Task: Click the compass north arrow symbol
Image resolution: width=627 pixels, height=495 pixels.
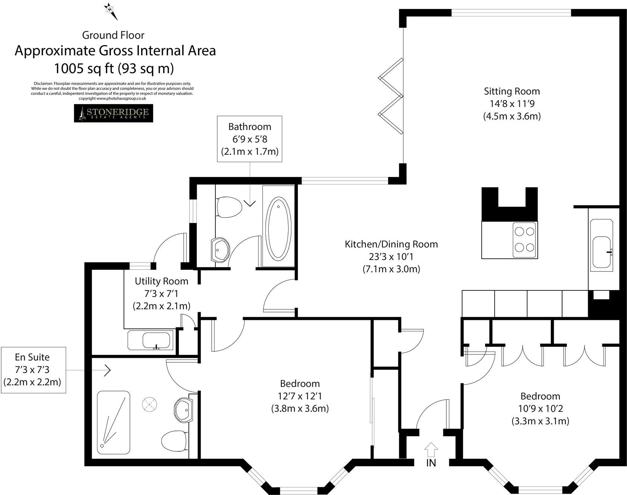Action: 111,11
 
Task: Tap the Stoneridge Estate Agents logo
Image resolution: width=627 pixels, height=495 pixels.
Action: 113,113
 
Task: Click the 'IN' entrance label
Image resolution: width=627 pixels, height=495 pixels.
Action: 431,463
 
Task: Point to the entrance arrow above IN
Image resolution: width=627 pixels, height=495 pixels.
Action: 431,450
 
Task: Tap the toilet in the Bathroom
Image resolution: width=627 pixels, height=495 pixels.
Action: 228,207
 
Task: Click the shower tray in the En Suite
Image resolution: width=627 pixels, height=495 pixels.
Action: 113,422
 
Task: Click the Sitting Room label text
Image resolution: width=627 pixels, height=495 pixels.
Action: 512,91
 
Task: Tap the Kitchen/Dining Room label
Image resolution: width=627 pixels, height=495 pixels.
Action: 391,245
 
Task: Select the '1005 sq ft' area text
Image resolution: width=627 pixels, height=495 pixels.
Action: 114,69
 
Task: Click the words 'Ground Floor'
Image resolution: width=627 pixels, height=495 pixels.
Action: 113,35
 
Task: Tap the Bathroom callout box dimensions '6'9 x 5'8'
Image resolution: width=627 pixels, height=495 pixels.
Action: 250,139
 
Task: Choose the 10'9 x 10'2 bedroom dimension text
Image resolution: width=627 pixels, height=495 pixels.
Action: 540,409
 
